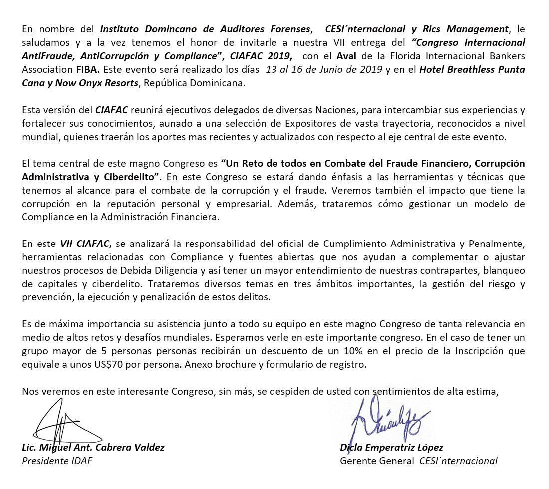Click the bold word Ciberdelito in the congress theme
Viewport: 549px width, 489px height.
[x=135, y=177]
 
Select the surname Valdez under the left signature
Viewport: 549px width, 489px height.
[x=147, y=447]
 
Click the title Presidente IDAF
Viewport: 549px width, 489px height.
[x=57, y=461]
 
